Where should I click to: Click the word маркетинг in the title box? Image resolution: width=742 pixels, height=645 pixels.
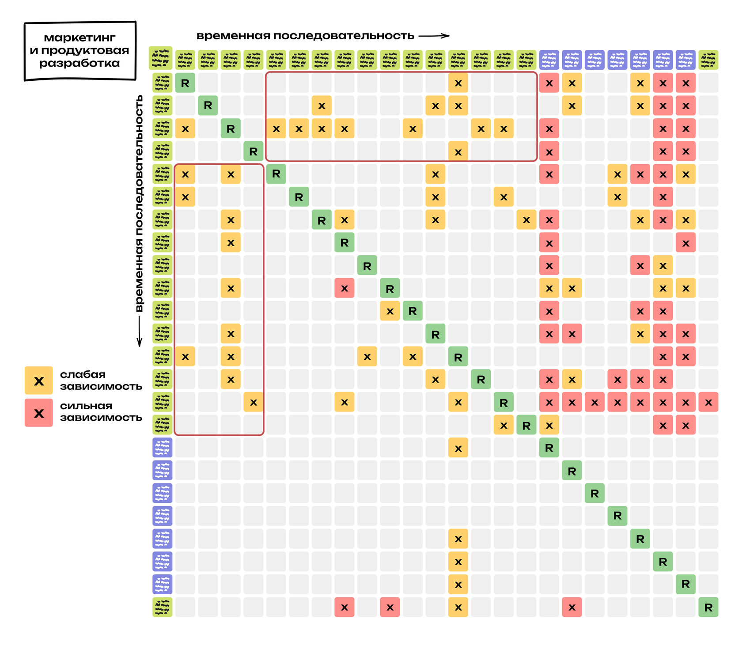pos(79,38)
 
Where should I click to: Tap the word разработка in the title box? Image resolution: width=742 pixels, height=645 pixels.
pos(79,63)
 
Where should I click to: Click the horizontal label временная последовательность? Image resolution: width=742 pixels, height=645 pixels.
pos(305,36)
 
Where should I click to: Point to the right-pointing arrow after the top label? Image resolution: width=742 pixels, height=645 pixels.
pos(434,36)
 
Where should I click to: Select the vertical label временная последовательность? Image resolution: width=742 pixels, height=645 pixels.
pos(139,203)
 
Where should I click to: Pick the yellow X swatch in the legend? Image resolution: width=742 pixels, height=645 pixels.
pos(39,381)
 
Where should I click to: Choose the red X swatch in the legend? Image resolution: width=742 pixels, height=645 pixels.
pos(39,413)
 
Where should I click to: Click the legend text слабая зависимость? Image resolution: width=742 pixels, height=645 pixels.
pos(101,380)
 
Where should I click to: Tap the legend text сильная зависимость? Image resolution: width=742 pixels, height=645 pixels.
pos(101,411)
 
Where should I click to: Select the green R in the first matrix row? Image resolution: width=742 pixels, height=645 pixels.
pos(185,83)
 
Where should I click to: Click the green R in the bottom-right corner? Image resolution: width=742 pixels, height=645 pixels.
pos(708,607)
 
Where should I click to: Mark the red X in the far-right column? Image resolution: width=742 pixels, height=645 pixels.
pos(708,402)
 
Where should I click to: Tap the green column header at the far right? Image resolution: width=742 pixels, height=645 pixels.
pos(708,60)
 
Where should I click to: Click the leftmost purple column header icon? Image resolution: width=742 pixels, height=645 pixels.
pos(549,60)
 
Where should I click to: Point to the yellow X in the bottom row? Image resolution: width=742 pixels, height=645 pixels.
pos(458,607)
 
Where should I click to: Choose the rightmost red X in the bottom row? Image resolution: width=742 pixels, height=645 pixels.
pos(572,607)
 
